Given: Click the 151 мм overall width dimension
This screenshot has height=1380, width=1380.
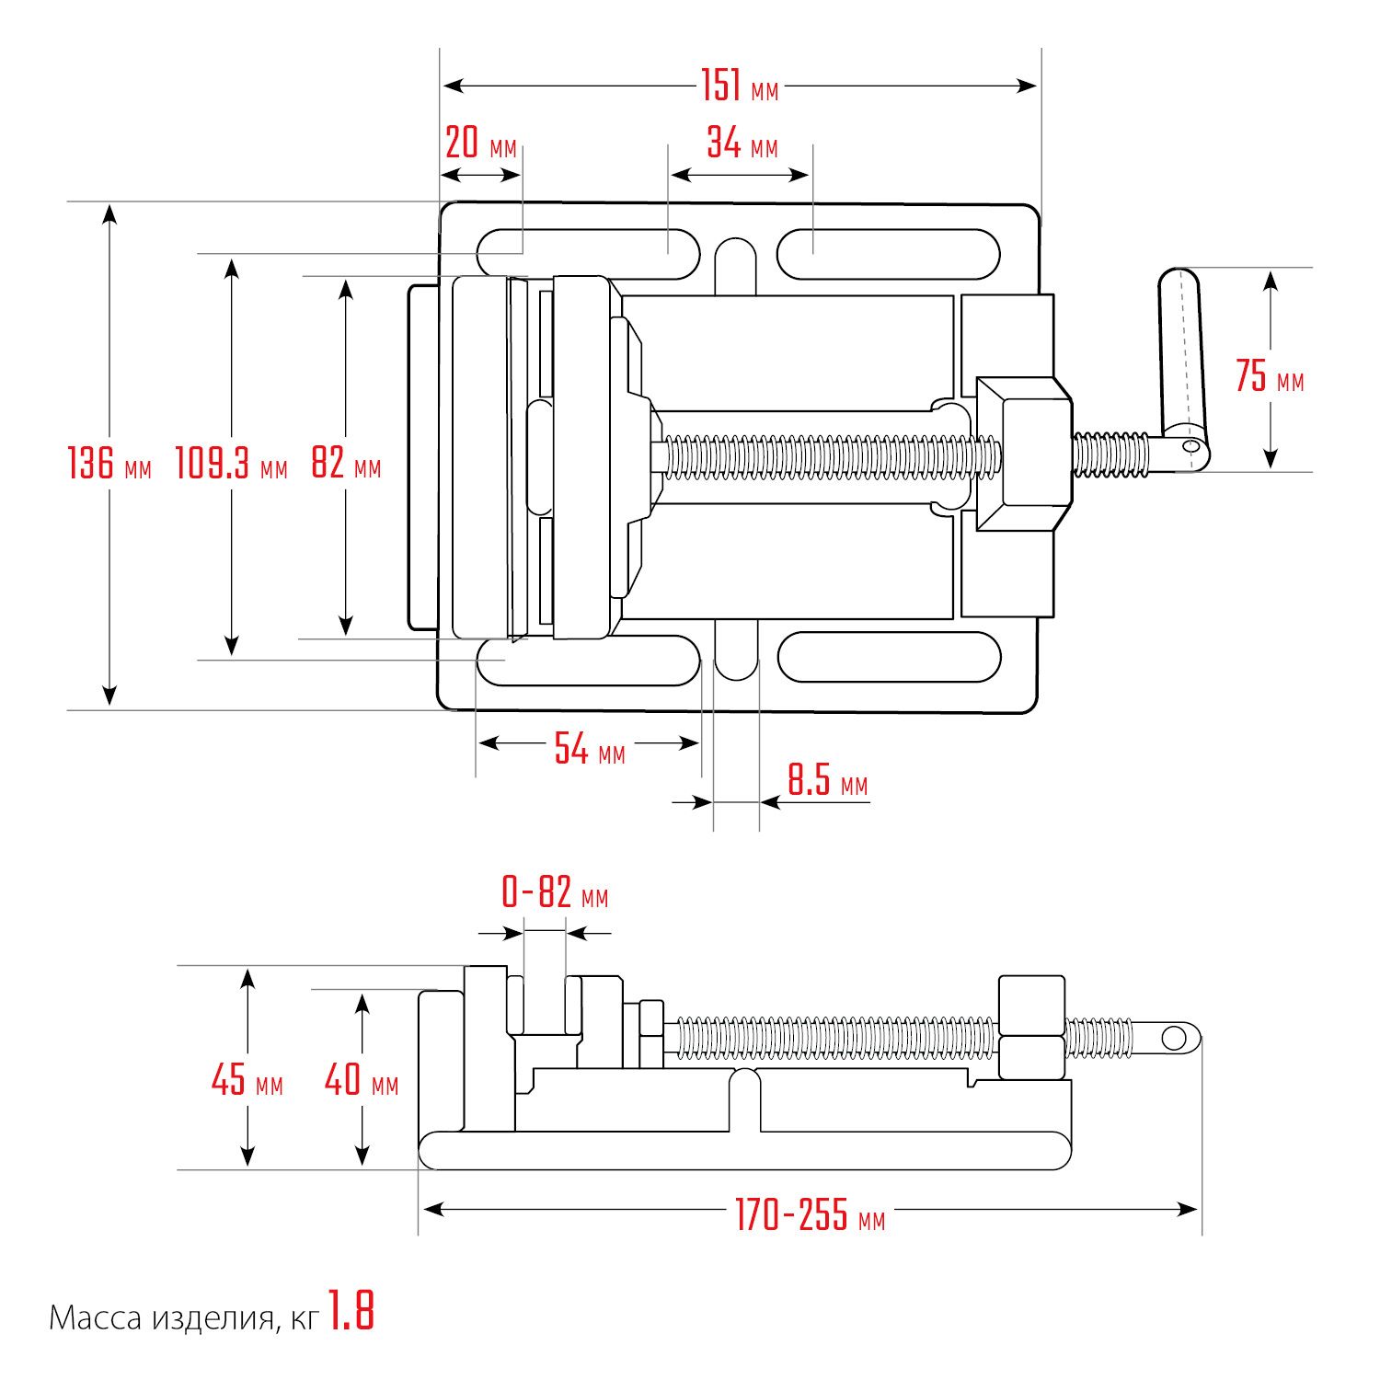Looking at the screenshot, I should pos(740,86).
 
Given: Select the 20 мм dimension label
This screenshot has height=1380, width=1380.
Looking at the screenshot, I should pos(480,144).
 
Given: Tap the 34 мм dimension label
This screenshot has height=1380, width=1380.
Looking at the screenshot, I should pos(742,144).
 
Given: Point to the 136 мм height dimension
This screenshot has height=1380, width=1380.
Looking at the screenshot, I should pos(109,462).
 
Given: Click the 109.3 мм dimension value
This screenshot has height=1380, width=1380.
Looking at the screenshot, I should pos(231,462).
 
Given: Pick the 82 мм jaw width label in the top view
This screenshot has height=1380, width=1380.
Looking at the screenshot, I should pos(345,462).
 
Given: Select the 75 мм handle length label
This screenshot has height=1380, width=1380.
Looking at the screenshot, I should pos(1269,376).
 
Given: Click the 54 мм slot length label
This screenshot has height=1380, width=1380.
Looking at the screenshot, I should pos(589,749).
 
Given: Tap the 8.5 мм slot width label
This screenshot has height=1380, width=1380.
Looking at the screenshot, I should pos(826,782).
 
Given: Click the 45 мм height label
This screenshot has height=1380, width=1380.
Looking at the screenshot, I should pos(247,1079).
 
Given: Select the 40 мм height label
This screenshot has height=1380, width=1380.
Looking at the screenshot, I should pos(361,1079).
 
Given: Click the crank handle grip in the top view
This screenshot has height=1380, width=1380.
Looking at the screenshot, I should pos(1181,350).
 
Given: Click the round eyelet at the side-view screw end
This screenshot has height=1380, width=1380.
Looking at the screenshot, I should pos(1174,1039).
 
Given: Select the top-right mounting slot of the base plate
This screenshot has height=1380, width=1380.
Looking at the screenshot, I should pos(888,254).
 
